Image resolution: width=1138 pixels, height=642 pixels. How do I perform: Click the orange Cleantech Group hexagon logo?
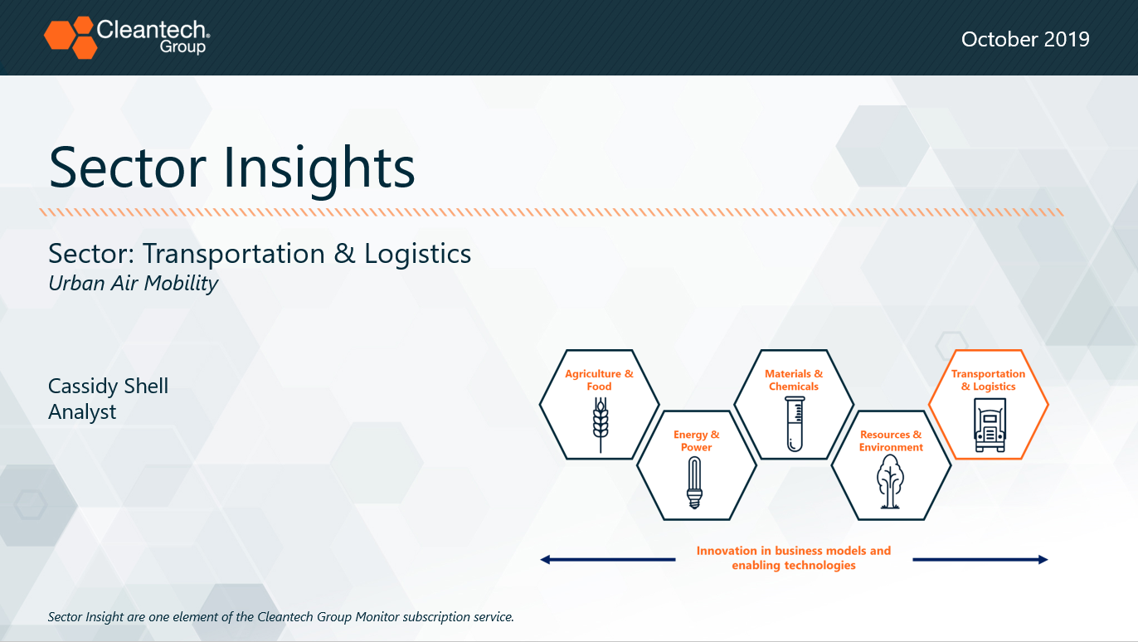point(71,37)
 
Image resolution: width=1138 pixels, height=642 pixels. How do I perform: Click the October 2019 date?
point(1025,40)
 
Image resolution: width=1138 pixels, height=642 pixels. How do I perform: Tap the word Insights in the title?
point(319,168)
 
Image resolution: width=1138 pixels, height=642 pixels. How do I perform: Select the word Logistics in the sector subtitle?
point(417,254)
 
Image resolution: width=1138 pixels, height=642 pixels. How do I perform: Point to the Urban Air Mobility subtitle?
point(133,284)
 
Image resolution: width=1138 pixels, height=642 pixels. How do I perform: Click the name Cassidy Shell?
point(108,386)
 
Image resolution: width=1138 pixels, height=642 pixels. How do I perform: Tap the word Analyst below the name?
point(82,412)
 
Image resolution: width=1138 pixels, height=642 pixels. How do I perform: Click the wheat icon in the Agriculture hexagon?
point(601,425)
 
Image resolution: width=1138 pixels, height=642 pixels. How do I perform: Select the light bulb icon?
point(694,483)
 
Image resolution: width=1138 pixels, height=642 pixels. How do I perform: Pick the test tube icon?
point(795,424)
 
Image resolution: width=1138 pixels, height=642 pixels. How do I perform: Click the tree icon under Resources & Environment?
point(889,481)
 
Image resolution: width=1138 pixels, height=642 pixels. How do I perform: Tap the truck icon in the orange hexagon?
point(990,425)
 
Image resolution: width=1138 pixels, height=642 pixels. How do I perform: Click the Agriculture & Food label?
point(600,380)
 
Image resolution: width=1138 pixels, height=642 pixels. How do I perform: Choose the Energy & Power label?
point(697,441)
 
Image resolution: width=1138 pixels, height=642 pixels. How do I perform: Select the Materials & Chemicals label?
point(794,380)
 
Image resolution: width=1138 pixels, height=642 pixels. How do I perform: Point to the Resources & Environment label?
point(891,441)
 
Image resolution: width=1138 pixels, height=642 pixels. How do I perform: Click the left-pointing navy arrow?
point(608,560)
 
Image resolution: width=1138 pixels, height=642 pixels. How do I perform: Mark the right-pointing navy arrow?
point(980,560)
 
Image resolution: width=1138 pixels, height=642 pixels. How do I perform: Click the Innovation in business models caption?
point(794,557)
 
